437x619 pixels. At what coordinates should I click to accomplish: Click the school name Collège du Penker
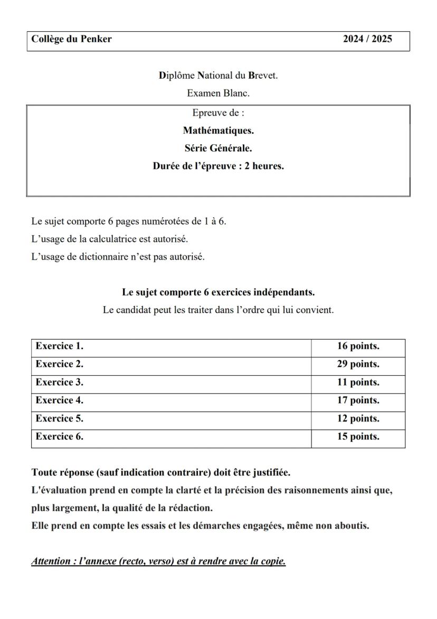click(x=71, y=39)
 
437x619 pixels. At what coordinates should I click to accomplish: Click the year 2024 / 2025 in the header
click(x=367, y=39)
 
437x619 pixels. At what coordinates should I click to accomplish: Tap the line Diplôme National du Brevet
click(x=218, y=75)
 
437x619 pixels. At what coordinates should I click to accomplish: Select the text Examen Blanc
click(x=218, y=94)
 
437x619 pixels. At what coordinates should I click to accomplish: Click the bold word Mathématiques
click(x=218, y=130)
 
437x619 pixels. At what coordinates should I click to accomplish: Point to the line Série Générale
click(x=218, y=148)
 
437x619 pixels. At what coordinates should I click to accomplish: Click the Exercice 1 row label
click(x=60, y=347)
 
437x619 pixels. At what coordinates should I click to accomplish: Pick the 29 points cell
click(x=358, y=365)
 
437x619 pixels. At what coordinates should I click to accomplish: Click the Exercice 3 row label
click(x=60, y=383)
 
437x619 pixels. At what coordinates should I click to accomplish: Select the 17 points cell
click(x=358, y=401)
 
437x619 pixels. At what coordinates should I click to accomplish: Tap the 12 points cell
click(x=358, y=419)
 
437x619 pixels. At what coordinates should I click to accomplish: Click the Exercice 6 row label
click(x=60, y=437)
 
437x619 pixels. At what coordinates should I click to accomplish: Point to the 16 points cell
click(x=358, y=347)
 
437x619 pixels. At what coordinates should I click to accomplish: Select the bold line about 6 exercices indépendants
click(x=218, y=292)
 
